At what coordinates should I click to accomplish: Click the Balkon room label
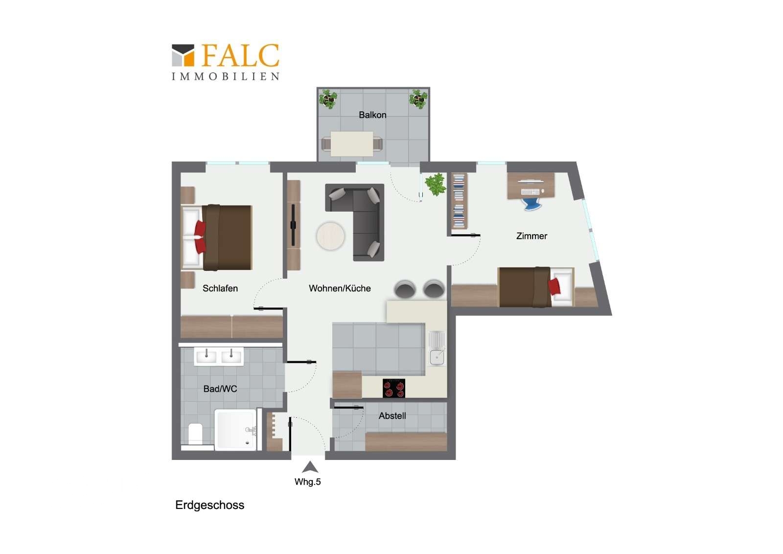tap(372, 115)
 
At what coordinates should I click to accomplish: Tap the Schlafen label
tap(220, 288)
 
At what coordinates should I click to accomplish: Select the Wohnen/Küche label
tap(340, 288)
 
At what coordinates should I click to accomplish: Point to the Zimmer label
tap(531, 236)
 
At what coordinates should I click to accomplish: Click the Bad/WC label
tap(220, 388)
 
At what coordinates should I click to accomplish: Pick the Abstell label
tap(392, 416)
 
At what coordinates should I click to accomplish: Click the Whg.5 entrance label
tap(308, 482)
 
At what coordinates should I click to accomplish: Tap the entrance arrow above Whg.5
tap(310, 467)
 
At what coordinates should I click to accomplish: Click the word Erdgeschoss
tap(210, 506)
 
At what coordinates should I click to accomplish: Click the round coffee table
tap(330, 236)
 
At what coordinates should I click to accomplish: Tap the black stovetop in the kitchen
tap(394, 388)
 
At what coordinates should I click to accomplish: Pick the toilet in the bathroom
tap(195, 434)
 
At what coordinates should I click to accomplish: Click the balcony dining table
tap(352, 144)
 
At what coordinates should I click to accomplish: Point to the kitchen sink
tap(437, 349)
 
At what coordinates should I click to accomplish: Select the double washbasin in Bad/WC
tap(219, 357)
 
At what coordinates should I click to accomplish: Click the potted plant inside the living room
tap(436, 184)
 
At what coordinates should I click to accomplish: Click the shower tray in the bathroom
tap(235, 430)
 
